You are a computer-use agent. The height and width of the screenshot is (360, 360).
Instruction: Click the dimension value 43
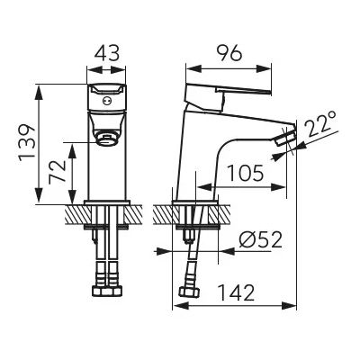coord(107,54)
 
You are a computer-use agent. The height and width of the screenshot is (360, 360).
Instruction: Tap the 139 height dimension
coord(27,142)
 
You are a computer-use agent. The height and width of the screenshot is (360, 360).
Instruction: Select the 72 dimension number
coord(57,171)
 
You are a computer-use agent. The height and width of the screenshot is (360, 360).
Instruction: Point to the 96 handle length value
coord(229,54)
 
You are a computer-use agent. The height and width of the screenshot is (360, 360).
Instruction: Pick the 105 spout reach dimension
coord(246,173)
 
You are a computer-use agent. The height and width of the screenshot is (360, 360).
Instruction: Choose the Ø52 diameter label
coord(261,240)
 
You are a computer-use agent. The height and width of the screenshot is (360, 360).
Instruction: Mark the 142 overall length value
coord(236,292)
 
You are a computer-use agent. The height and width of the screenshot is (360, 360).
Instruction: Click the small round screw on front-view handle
coord(105,101)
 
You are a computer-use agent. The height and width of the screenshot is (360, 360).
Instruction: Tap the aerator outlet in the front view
coord(106,139)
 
